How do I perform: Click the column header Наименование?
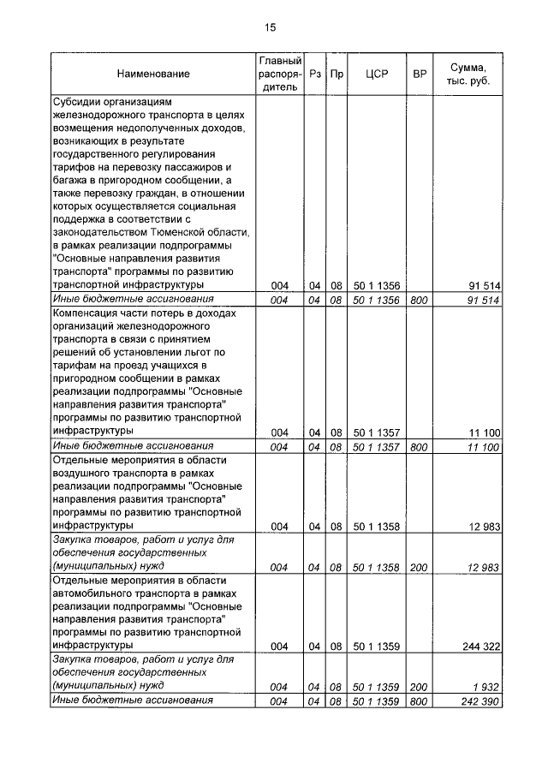tap(154, 75)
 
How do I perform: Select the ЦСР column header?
tap(377, 75)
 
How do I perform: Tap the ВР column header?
tap(420, 75)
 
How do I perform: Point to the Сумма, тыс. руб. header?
tap(468, 75)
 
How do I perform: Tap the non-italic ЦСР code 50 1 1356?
tap(378, 285)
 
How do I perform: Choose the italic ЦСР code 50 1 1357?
tap(378, 447)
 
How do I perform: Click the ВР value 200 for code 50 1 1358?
tap(419, 567)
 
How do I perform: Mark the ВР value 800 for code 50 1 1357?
tap(419, 447)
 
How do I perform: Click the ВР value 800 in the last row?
tap(419, 702)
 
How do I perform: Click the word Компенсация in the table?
tap(89, 314)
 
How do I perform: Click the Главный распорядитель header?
tap(280, 74)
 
